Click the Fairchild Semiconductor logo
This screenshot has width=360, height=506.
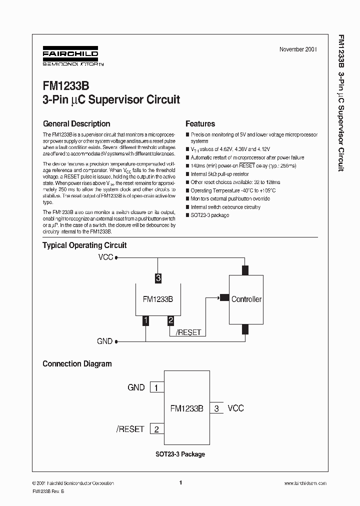(x=70, y=56)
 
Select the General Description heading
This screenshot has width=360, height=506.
(x=76, y=124)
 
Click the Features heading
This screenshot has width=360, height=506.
(x=200, y=124)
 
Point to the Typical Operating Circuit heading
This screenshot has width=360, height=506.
(x=84, y=245)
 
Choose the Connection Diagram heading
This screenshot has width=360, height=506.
(x=77, y=364)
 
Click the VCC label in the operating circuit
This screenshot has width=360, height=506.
(x=105, y=258)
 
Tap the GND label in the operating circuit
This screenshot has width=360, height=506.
(x=104, y=341)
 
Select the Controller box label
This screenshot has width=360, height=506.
(x=246, y=299)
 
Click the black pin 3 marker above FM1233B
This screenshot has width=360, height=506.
(x=158, y=278)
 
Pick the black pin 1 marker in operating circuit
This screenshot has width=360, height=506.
(x=146, y=320)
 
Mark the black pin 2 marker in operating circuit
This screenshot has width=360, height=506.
(x=170, y=320)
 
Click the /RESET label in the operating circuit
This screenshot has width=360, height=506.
(x=188, y=332)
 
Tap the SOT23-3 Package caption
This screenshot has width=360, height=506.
(x=179, y=454)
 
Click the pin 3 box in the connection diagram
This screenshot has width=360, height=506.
(x=216, y=408)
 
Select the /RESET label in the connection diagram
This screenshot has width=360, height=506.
(x=130, y=429)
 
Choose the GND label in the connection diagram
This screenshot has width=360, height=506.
(x=136, y=387)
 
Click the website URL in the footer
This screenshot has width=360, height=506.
(x=305, y=483)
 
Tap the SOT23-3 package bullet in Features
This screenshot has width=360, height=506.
(x=210, y=215)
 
